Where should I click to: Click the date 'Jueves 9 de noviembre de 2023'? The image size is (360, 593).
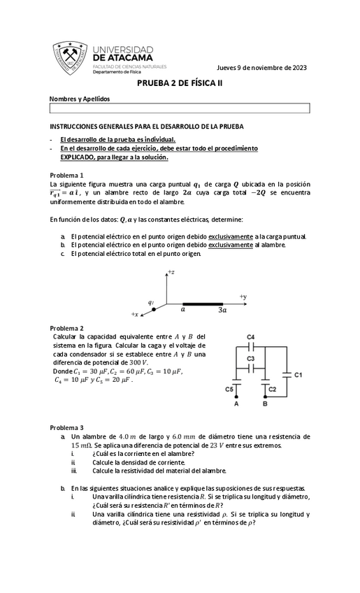point(261,67)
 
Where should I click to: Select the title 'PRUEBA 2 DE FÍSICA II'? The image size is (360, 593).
point(179,83)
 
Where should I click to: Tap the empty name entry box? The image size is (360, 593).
point(179,108)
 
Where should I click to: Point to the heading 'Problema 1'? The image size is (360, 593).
point(67,174)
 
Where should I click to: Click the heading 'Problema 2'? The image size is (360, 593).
point(67,328)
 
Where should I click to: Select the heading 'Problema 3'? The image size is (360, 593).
point(67,427)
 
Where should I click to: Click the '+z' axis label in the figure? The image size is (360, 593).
point(171,272)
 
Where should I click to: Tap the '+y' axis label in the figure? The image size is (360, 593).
point(243,297)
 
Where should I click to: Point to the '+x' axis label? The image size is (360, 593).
point(135,315)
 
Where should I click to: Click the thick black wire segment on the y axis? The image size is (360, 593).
point(203,305)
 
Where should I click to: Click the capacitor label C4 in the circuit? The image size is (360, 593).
point(251,337)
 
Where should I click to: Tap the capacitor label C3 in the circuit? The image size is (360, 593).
point(251,358)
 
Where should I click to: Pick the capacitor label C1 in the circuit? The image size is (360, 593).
point(298,376)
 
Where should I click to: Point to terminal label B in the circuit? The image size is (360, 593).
point(265,404)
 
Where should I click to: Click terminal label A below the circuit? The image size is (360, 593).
point(236,404)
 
